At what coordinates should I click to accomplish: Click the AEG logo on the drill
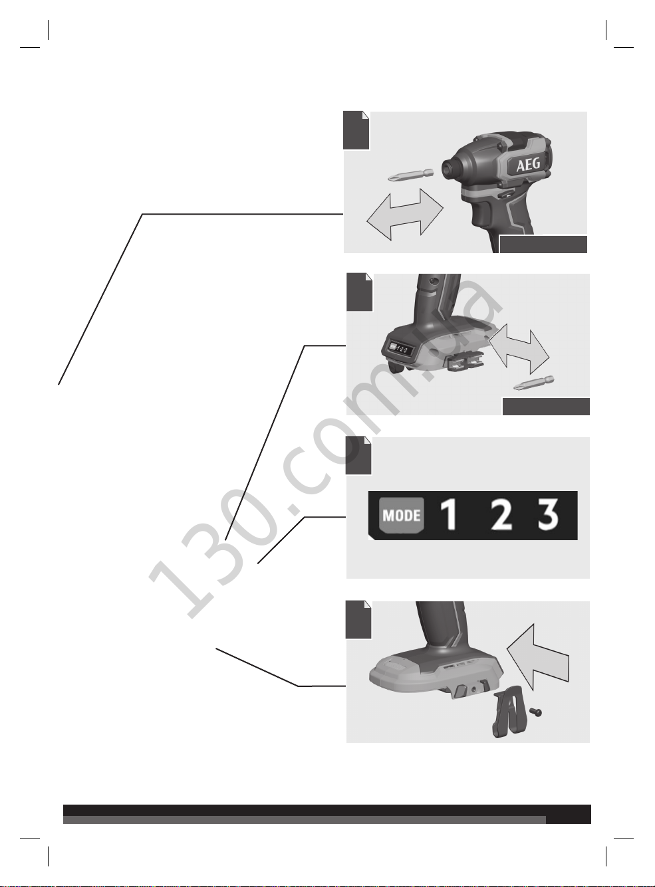click(x=528, y=164)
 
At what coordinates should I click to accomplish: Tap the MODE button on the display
click(x=402, y=515)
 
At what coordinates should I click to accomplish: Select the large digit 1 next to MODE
click(x=450, y=515)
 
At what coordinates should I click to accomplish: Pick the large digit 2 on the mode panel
click(x=501, y=515)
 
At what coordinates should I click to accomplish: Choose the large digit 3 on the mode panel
click(x=548, y=515)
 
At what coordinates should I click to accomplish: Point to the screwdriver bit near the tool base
click(x=534, y=383)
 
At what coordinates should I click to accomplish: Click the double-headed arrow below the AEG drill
click(x=405, y=215)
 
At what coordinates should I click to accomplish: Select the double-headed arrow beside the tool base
click(x=519, y=349)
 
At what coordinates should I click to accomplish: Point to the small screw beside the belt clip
click(x=535, y=712)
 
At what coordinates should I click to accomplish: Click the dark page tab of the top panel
click(x=356, y=130)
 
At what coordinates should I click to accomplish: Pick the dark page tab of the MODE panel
click(x=358, y=456)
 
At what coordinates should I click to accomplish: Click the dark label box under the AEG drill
click(x=543, y=245)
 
